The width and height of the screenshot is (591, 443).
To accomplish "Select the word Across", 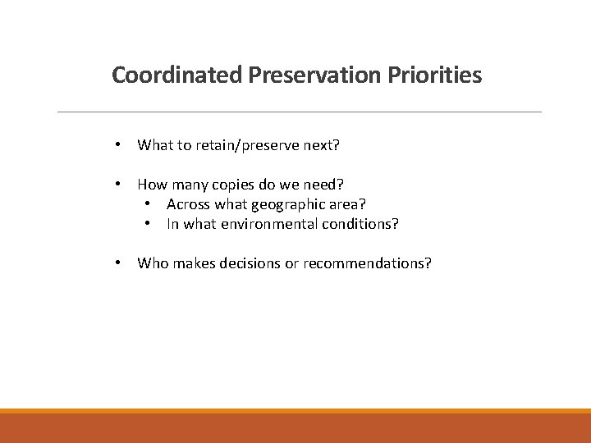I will coord(188,204).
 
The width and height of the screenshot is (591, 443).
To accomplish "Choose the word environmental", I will coord(253,224).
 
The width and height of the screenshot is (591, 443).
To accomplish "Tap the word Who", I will coord(151,263).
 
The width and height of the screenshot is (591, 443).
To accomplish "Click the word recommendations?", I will coord(367,263).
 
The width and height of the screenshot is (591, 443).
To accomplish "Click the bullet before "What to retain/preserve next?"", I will coord(119,145).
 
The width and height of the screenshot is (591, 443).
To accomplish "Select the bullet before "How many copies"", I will coord(119,185).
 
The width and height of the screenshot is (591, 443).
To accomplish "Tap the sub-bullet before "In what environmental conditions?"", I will coord(148,224).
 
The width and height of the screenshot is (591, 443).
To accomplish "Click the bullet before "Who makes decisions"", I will coord(119,263).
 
